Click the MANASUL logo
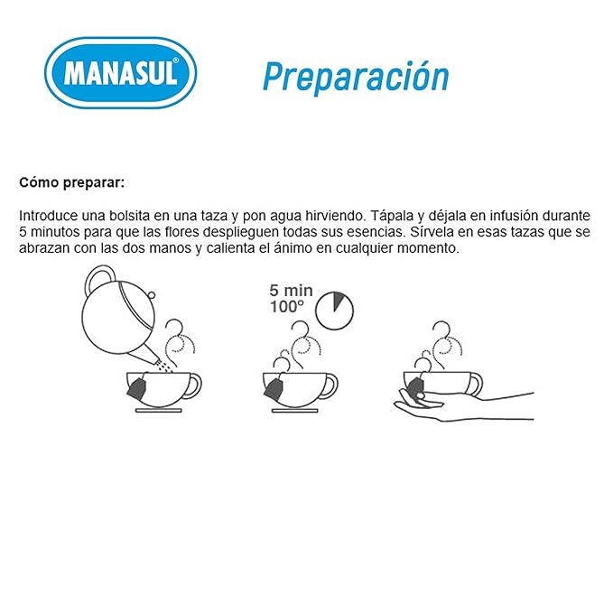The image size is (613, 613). click(120, 73)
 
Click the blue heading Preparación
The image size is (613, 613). click(356, 77)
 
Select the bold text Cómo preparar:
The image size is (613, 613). click(72, 182)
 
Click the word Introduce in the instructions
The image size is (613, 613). click(49, 216)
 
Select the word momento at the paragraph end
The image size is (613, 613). click(428, 248)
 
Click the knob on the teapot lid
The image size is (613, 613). click(152, 295)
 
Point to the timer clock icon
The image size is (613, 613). click(334, 311)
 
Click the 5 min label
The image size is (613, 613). click(291, 291)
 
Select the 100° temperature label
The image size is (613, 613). click(287, 307)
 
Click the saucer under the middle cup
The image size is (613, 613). click(295, 411)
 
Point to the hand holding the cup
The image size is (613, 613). click(464, 406)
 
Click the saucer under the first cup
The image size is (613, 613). click(158, 411)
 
